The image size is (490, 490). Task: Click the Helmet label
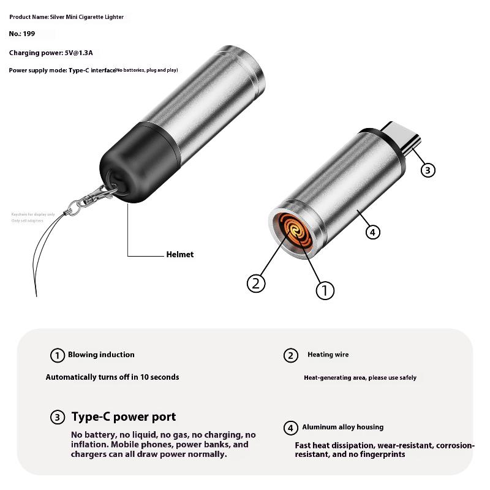tap(179, 254)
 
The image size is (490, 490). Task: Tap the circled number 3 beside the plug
tap(428, 170)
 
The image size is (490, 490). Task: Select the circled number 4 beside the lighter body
tap(373, 232)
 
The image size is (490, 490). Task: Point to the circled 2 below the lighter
tap(257, 282)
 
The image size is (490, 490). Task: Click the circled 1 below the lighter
tap(325, 289)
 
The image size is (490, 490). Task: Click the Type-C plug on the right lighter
tap(401, 137)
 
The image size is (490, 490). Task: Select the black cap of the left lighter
tap(126, 165)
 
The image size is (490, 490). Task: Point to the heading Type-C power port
tap(124, 417)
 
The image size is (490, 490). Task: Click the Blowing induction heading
tap(101, 355)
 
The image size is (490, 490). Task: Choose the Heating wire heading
tap(328, 355)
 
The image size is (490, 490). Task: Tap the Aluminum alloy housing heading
tap(342, 427)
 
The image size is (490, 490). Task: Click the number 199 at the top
tap(29, 34)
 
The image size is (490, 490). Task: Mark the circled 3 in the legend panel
tap(57, 418)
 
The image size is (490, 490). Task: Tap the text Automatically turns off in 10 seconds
tap(113, 377)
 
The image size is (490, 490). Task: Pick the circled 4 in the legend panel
tap(291, 428)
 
